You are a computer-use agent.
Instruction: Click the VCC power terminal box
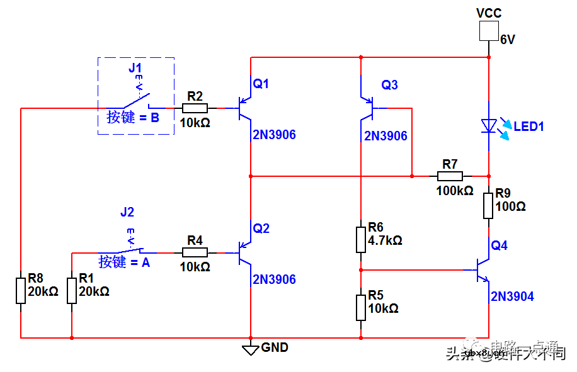pos(489,31)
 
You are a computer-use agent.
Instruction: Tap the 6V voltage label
pos(508,40)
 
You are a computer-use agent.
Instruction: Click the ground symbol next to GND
pos(251,349)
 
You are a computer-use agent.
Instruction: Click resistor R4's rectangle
pos(195,252)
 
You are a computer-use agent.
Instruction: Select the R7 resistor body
pos(450,176)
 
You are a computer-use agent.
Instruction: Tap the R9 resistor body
pos(488,206)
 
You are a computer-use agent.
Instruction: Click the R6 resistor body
pos(360,239)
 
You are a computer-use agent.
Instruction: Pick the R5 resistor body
pos(360,307)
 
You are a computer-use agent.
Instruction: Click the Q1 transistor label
pos(261,83)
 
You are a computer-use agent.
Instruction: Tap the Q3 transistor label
pos(389,85)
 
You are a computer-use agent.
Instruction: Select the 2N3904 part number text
pos(512,296)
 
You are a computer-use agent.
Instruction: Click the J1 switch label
pos(135,67)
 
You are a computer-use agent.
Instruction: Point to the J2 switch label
pos(127,212)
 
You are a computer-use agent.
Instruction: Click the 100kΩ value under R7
pos(454,191)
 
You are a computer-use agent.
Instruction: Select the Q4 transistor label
pos(499,245)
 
